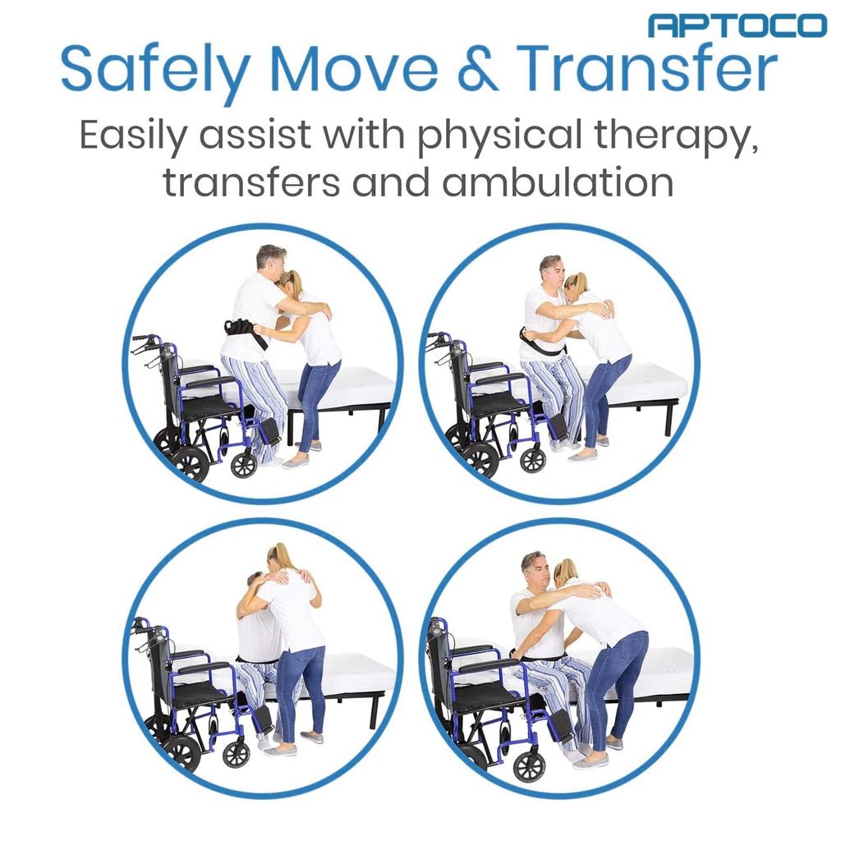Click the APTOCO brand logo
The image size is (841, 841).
click(737, 25)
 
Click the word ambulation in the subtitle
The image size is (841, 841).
click(558, 182)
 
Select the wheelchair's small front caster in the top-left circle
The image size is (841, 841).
click(244, 465)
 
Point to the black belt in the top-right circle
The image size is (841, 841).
click(538, 345)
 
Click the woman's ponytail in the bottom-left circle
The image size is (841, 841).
click(283, 558)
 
